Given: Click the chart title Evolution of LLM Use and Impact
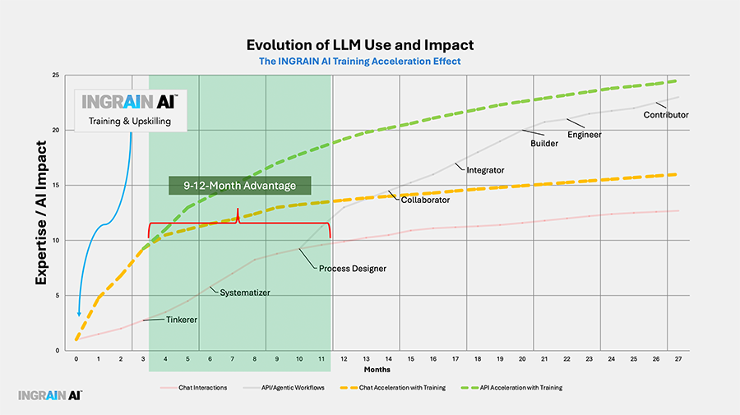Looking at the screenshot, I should tap(360, 44).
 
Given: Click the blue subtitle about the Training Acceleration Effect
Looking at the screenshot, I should tap(360, 60).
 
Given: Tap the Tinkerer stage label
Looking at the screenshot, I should tap(181, 320).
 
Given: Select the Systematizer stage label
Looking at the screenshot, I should tap(246, 292).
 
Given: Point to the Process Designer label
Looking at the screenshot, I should tap(352, 269).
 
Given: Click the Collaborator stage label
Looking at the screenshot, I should tap(426, 200).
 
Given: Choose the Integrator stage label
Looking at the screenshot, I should tap(485, 170).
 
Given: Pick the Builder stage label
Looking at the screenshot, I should tap(544, 143).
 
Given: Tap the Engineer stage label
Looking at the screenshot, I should tap(585, 134).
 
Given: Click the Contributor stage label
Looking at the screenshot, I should tap(666, 114).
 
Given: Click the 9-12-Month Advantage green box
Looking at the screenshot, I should tap(238, 185).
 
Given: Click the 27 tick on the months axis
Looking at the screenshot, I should tap(677, 359).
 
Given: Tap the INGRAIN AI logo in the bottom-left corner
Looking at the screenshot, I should tap(50, 395).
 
